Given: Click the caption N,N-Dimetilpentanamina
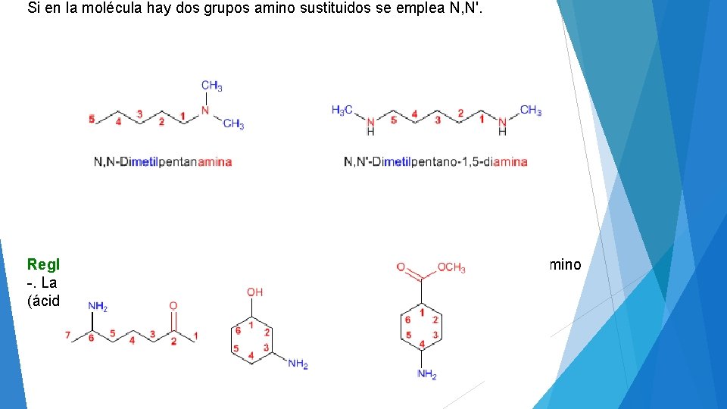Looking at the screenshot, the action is point(163,161).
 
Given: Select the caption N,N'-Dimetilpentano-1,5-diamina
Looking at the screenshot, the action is point(435,161).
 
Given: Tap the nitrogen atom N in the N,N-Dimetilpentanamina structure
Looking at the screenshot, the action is point(204,111).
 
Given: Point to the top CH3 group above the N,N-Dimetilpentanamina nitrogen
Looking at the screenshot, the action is point(211,86).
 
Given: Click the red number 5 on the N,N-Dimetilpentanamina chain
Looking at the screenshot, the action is point(92,119).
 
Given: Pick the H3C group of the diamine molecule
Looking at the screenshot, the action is point(342,111).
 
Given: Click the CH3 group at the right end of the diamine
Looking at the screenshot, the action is point(531,111).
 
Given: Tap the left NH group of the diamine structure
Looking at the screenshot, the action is point(370,125).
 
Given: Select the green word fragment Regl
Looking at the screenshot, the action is point(43,264).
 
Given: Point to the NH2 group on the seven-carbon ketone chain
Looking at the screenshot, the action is point(97,306).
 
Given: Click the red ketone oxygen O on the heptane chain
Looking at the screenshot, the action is point(173,306).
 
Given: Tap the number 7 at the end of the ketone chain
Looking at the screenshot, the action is point(68,334).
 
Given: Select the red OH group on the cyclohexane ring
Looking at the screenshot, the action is point(255,292).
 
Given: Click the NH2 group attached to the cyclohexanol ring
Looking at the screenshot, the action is point(298,364).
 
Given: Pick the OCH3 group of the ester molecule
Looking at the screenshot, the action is point(451,268).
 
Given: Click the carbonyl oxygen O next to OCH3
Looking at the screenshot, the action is point(400,267).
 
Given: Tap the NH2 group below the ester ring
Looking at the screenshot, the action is point(426,374).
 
